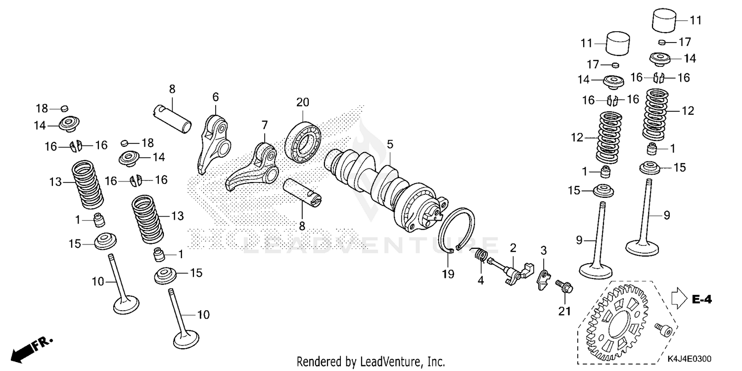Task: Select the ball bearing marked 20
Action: [303, 135]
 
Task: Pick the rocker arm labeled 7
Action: [252, 166]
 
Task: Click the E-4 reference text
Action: [702, 299]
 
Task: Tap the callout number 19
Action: [448, 274]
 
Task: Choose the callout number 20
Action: [303, 102]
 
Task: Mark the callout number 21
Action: [564, 311]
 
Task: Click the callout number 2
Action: [513, 247]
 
